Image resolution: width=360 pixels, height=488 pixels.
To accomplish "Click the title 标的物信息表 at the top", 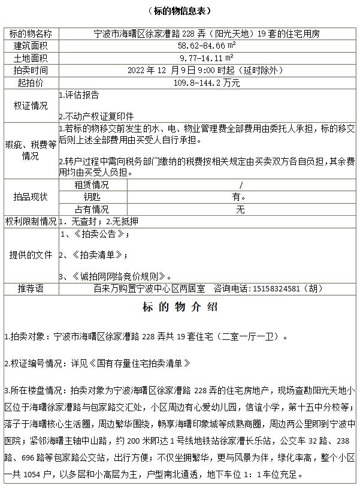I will (x=179, y=11).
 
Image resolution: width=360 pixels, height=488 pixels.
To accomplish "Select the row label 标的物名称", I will (x=31, y=34).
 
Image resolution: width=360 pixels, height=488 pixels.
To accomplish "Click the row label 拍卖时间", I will (x=31, y=70).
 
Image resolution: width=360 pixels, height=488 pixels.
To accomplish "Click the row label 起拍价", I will (x=31, y=82).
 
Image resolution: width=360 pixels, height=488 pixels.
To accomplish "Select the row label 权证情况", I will (x=31, y=106).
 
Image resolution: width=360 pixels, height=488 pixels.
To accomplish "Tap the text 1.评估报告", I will (x=79, y=95).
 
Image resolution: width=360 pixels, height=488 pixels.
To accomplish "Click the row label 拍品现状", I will (x=31, y=197).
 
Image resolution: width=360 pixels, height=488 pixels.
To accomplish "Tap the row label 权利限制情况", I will (x=31, y=222).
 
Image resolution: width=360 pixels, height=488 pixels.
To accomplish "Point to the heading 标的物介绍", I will (x=180, y=308).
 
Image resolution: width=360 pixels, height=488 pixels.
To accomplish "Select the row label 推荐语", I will (x=31, y=289).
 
